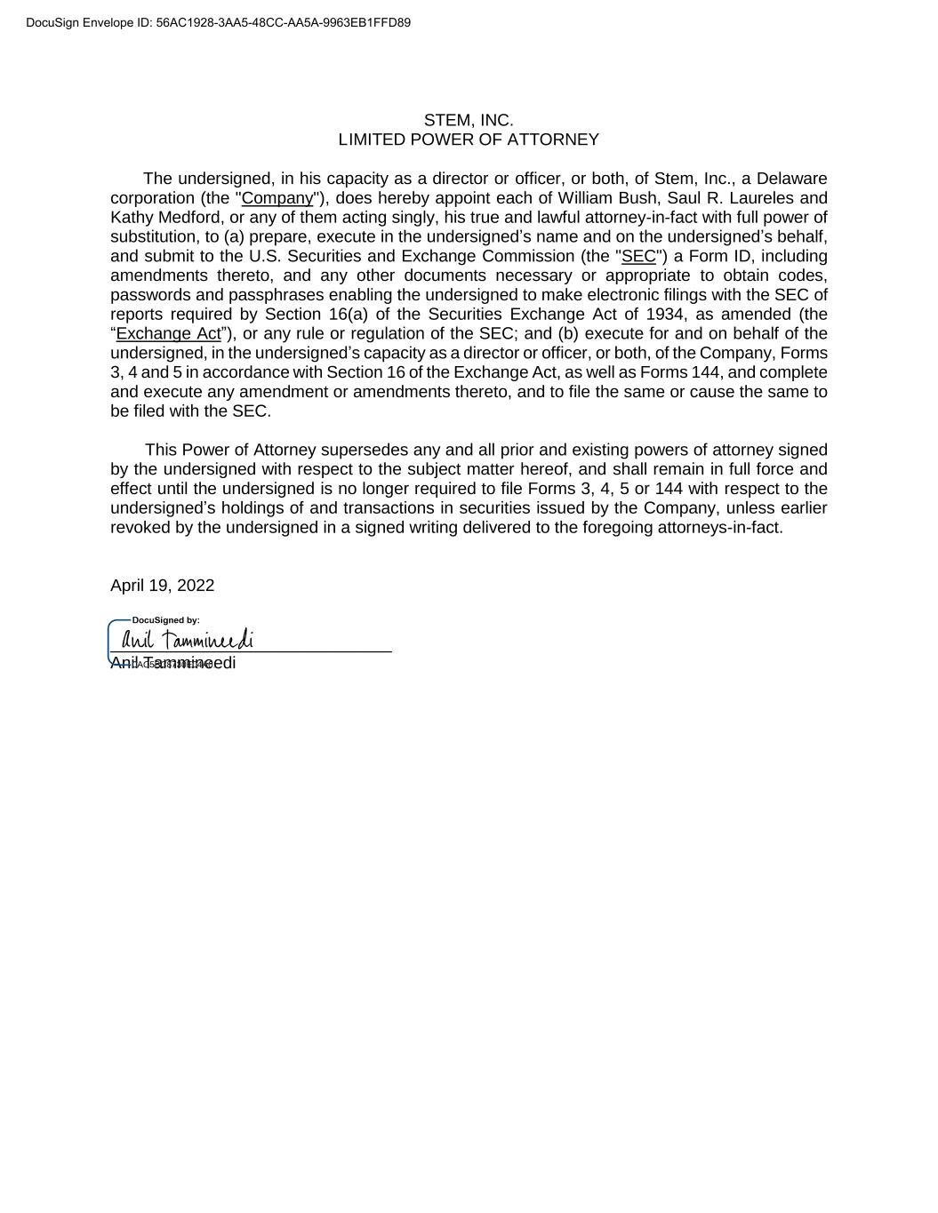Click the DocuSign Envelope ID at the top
[218, 22]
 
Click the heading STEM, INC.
[469, 120]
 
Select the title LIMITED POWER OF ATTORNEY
[469, 140]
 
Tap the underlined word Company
[277, 198]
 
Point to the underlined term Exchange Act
[168, 333]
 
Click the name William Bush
[602, 198]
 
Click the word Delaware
[791, 179]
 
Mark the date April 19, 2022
[162, 585]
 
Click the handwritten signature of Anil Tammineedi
[188, 639]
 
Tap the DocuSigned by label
[165, 620]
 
